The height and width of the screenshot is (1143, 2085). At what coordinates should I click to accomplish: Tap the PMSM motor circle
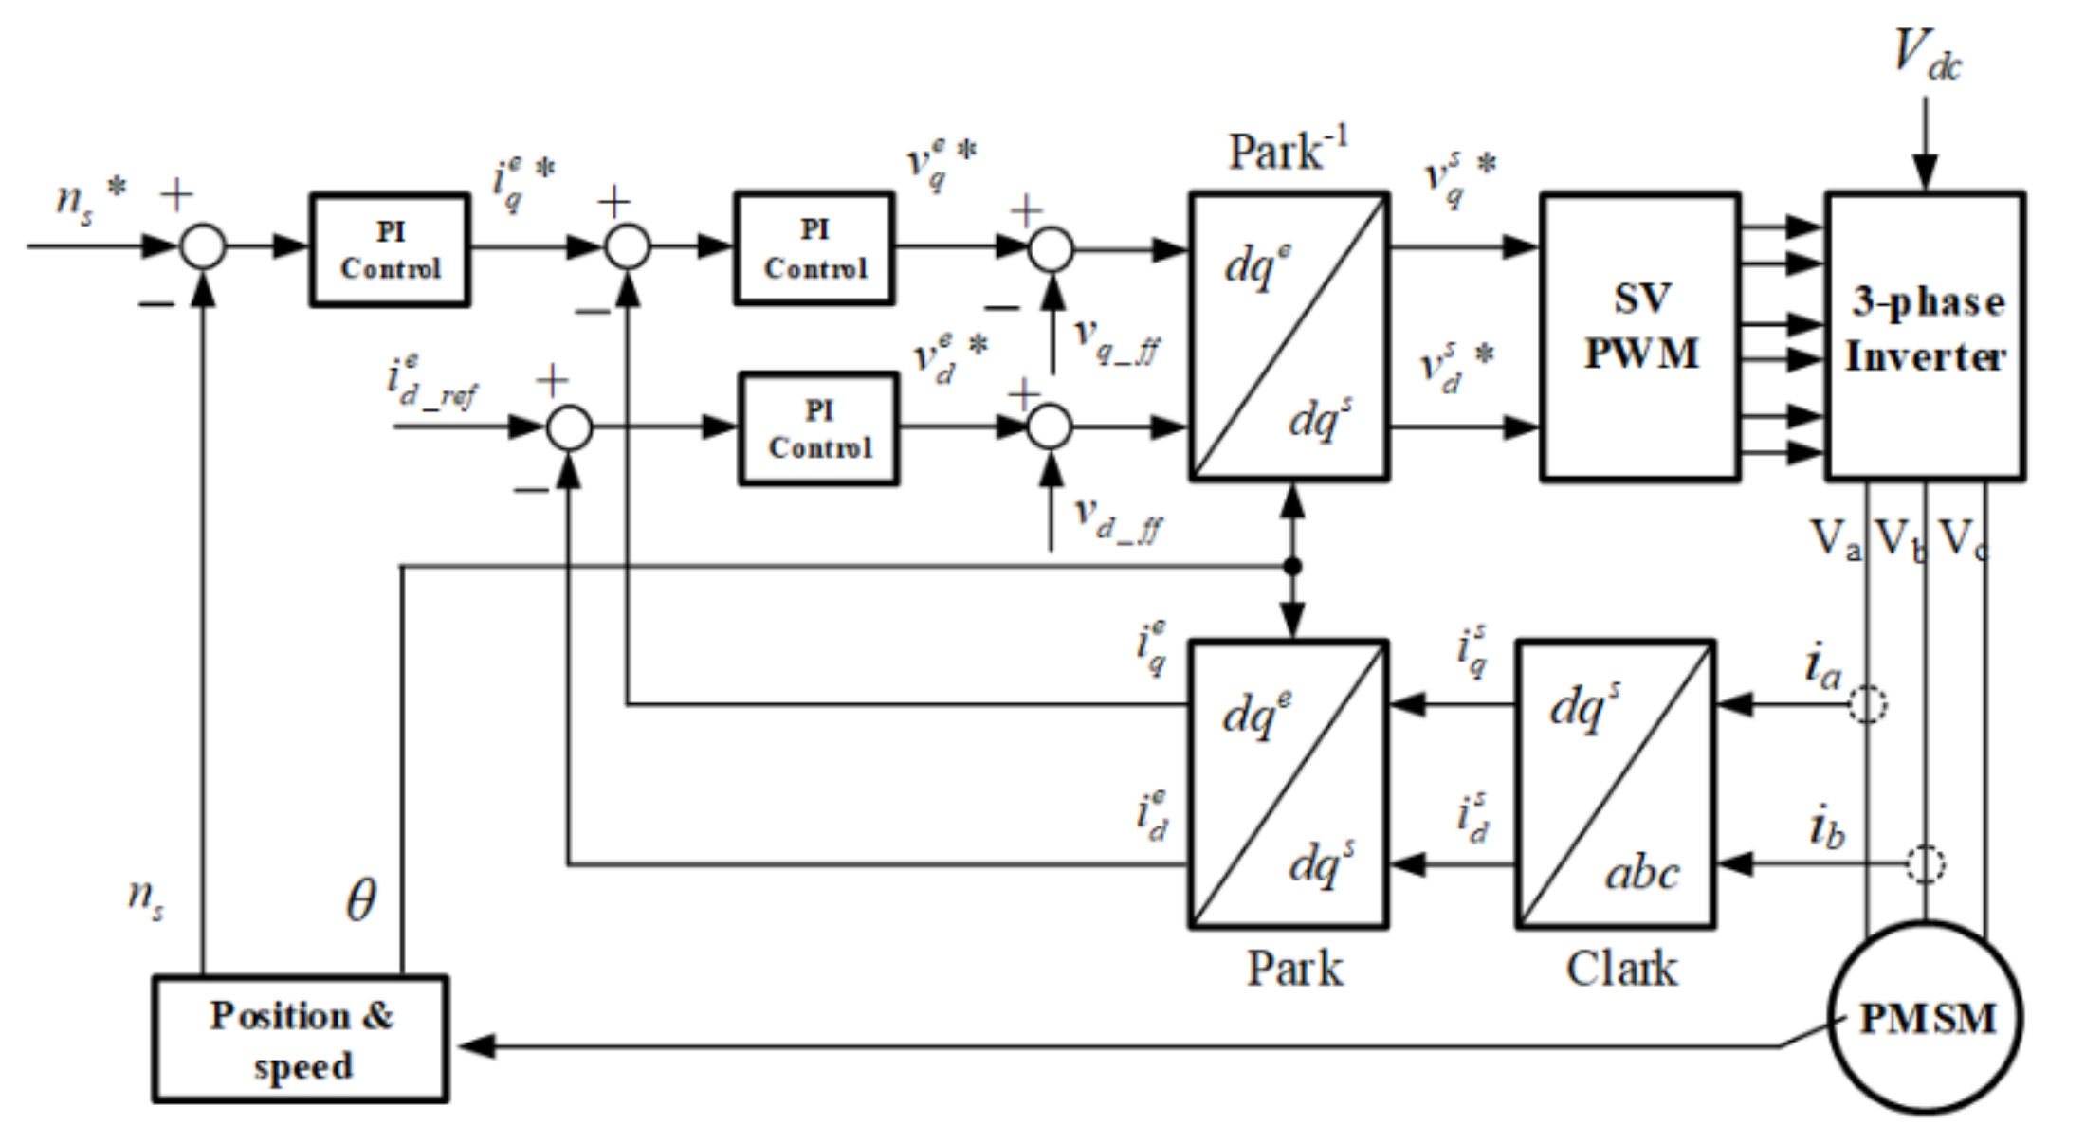tap(1925, 1018)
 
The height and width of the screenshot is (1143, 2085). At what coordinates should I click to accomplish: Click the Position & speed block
tap(301, 1039)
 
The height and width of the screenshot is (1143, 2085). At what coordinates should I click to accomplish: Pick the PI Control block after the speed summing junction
tap(390, 249)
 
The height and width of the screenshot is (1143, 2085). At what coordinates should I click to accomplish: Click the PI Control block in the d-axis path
tap(819, 428)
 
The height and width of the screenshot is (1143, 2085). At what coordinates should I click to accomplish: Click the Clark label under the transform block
tap(1620, 969)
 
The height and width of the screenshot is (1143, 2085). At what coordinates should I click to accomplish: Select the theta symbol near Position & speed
tap(360, 899)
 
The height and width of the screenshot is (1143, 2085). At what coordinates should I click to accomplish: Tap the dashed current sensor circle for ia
tap(1867, 704)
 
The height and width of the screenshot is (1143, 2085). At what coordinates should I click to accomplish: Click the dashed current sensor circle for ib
tap(1925, 863)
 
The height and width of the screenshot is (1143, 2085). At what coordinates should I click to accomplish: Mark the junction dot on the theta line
tap(1291, 567)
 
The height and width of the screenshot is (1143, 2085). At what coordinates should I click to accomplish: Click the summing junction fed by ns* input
tap(203, 246)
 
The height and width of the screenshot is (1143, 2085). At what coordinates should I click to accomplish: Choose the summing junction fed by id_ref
tap(570, 427)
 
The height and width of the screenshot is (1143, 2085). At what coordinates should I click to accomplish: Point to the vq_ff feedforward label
tap(1116, 341)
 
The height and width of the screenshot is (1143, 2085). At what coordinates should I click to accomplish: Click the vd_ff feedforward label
tap(1116, 519)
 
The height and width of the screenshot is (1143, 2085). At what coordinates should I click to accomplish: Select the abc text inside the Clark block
tap(1641, 873)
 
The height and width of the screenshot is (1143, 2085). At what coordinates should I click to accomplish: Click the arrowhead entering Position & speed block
tap(474, 1046)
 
